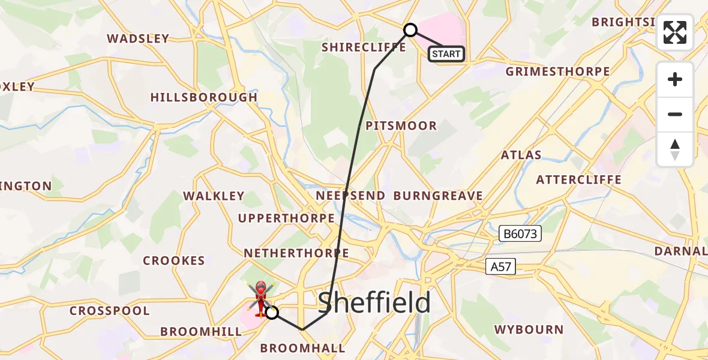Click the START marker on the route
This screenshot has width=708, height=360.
pyautogui.click(x=446, y=54)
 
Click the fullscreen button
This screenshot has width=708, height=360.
pyautogui.click(x=675, y=32)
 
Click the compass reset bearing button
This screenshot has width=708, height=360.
pyautogui.click(x=675, y=149)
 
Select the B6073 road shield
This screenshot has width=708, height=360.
pyautogui.click(x=520, y=234)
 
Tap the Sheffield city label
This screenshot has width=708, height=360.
pyautogui.click(x=374, y=303)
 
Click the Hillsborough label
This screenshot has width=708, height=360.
pyautogui.click(x=204, y=97)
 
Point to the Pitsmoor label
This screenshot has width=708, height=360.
pyautogui.click(x=401, y=126)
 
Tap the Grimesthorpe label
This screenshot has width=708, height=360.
pyautogui.click(x=558, y=71)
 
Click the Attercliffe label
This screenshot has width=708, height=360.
pyautogui.click(x=578, y=179)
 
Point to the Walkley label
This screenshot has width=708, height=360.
pyautogui.click(x=214, y=196)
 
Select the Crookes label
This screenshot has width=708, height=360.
pyautogui.click(x=174, y=260)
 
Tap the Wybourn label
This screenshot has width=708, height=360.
pyautogui.click(x=529, y=329)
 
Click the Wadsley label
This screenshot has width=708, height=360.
pyautogui.click(x=138, y=38)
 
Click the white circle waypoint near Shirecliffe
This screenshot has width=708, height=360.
pyautogui.click(x=410, y=30)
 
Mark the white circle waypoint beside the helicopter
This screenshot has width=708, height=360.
pyautogui.click(x=272, y=312)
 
